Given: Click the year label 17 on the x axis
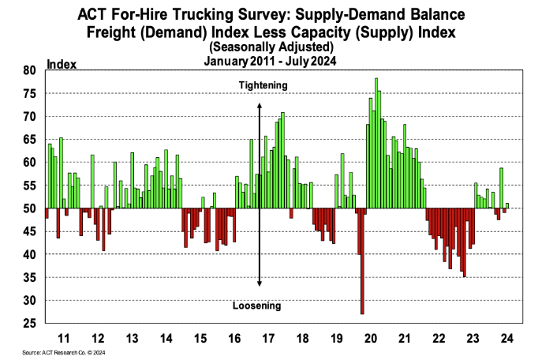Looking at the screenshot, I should (x=267, y=338).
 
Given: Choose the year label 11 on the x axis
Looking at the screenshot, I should (x=65, y=338).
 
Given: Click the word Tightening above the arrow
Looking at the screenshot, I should (x=263, y=84).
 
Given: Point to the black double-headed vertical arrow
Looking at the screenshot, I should (x=259, y=193).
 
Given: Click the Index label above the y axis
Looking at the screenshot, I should (x=62, y=63).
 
